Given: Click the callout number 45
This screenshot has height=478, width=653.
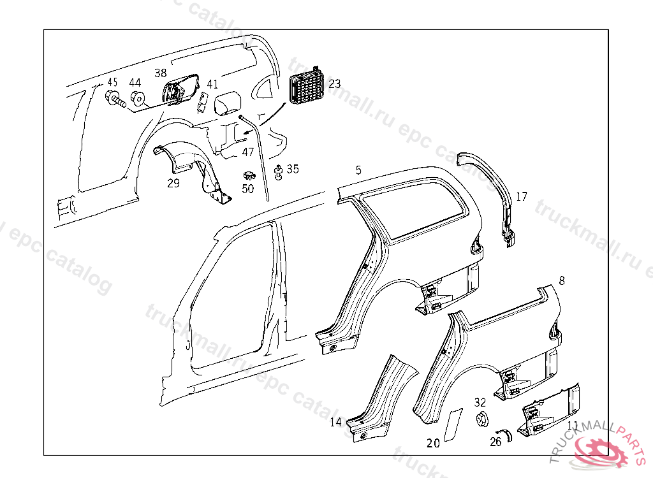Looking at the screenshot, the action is pos(112,82).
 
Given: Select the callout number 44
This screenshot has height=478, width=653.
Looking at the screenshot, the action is pos(135,83).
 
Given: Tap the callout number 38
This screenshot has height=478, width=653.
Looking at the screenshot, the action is pos(160,73).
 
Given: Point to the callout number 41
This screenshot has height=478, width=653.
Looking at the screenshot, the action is pos(212,83).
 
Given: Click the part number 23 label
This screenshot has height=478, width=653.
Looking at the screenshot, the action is pos(335,83).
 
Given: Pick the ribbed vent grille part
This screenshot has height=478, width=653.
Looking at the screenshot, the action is pos(306,87).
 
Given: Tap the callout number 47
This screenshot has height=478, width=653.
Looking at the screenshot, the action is pos(248,152).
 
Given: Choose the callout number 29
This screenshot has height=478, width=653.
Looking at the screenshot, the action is pos(173,184).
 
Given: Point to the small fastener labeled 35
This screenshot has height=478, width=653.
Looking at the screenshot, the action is pos(279,171).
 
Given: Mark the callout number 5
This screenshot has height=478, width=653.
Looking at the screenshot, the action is pos(358,170).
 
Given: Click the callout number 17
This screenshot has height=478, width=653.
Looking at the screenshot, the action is pos(522,197).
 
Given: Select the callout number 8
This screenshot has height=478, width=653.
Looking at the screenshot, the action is pos(561,280).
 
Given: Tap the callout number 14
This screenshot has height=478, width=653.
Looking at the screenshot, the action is pos(335,422).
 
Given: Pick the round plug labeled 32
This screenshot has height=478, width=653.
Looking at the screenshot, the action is pos(483,420).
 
